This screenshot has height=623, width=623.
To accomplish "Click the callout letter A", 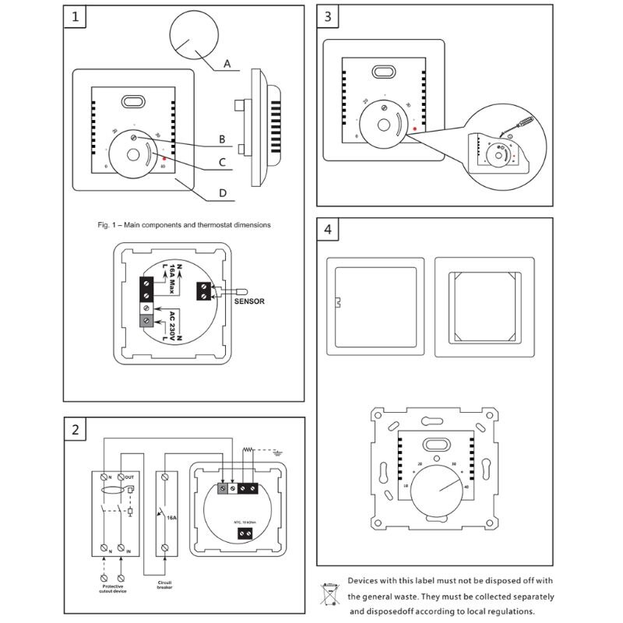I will coord(227,64).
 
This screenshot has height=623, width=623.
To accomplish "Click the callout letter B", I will coord(222,139).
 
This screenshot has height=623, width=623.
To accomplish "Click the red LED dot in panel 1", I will coord(164,157).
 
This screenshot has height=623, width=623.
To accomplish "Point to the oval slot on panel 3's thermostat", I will coord(383,72).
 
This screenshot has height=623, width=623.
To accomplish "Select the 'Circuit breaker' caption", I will coord(164,585).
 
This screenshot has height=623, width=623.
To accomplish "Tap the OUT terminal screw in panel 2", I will coord(120,477).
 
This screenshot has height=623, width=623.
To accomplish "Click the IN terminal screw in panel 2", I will coord(120,551).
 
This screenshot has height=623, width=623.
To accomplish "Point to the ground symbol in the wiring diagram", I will coord(277,450).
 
